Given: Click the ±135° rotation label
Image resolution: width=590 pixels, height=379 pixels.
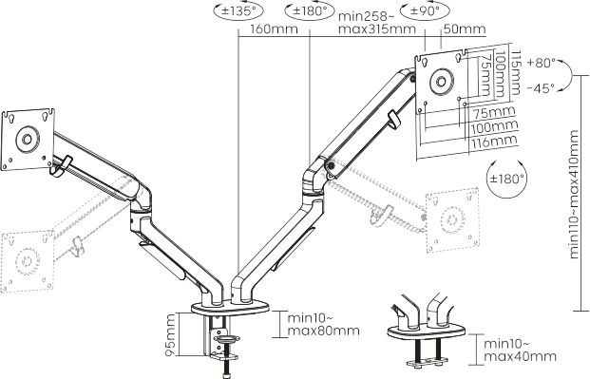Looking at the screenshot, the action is coord(239,10).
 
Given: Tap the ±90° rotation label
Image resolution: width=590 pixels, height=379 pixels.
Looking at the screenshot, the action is coord(425,10).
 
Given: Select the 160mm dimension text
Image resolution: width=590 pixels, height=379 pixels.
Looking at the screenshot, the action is coord(274,29).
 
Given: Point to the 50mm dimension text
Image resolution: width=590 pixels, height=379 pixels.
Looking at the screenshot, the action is coord(465,29).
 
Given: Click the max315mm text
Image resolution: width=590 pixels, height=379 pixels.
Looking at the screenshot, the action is coord(377,29).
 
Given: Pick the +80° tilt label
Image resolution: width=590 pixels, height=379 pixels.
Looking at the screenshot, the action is coord(542,63).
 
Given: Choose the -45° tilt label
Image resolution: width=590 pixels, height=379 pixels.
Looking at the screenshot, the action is coord(541,88).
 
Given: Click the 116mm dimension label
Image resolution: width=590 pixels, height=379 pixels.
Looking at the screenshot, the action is coord(494,142).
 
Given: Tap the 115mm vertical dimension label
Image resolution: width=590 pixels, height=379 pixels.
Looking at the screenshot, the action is coord(515,72).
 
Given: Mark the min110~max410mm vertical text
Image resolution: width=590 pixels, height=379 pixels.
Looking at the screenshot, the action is coord(574,194).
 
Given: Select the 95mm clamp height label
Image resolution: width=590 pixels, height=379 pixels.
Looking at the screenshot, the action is coord(170,335).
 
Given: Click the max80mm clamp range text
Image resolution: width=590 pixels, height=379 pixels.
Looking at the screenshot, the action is coord(324,331).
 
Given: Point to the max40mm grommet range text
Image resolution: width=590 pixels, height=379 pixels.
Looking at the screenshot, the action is coord(520,356).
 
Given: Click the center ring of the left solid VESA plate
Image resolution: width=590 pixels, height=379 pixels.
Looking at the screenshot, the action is coord(28,140).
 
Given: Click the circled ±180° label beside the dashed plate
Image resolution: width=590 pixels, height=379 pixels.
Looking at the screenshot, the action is coord(506,179).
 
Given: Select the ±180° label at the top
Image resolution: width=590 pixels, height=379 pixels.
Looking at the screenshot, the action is coord(310,10).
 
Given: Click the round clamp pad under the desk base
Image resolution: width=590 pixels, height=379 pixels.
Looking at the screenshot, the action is coord(226,339).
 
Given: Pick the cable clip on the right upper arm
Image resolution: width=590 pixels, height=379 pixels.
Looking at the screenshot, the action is coord(394,120).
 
